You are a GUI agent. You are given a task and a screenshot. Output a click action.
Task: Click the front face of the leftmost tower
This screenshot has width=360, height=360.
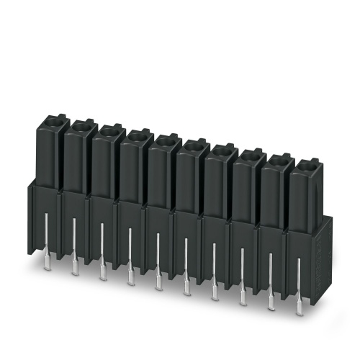[45, 155]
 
